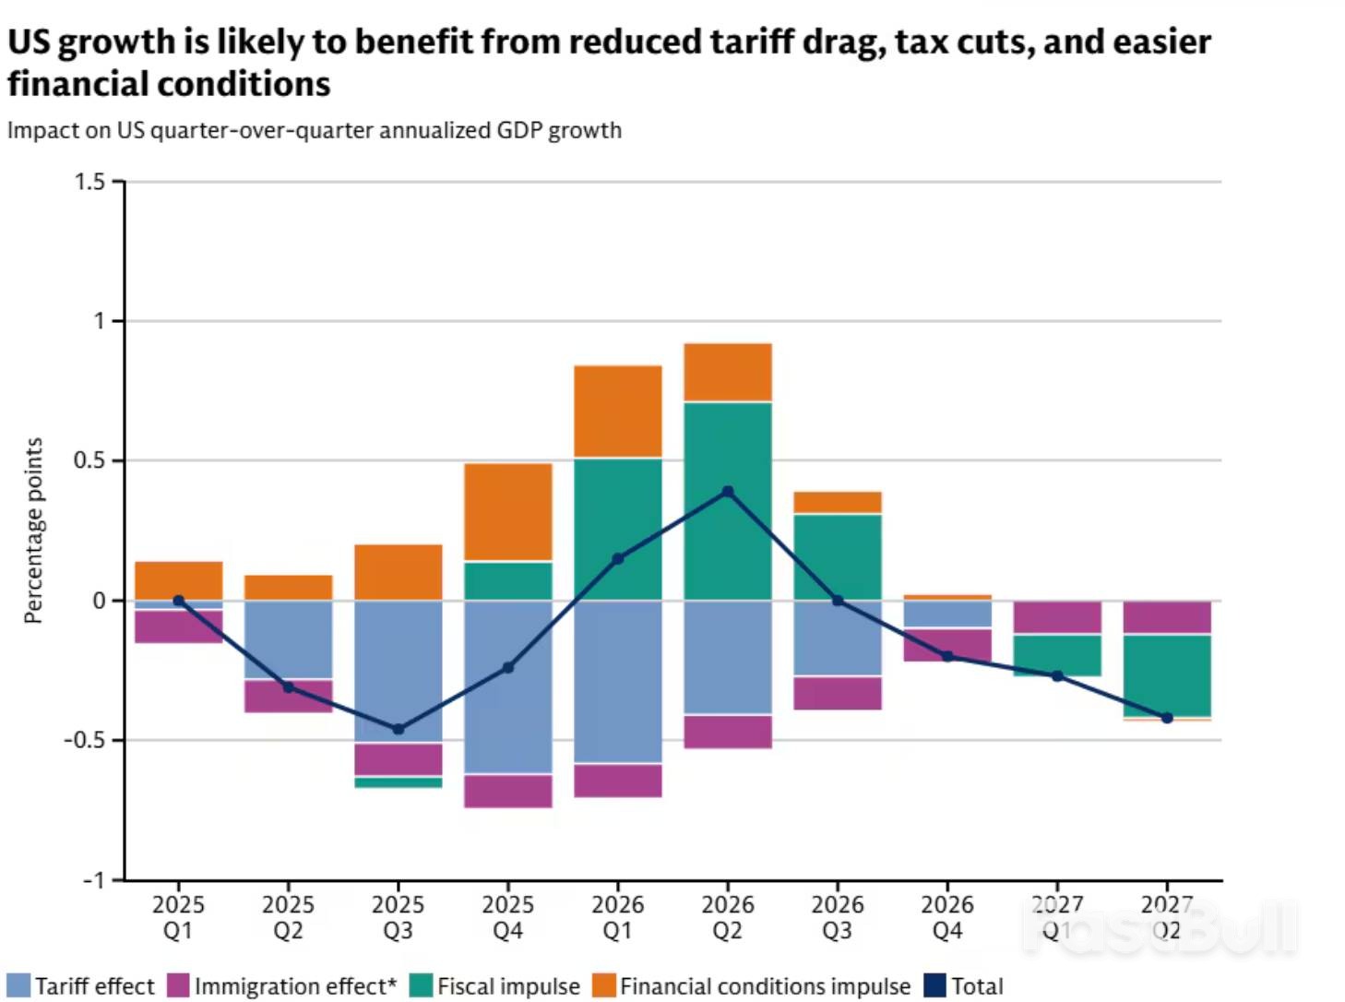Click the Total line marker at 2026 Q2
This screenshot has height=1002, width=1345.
coord(728,492)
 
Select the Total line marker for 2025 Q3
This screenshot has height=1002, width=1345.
coord(399,729)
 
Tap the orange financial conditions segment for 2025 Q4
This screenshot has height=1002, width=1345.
coord(508,512)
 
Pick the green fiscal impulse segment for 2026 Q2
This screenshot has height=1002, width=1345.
coord(728,501)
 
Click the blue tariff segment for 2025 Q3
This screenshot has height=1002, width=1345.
coord(399,671)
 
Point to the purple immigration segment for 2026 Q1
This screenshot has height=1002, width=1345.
coord(618,781)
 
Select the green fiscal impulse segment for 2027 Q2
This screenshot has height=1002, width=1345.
coord(1167,675)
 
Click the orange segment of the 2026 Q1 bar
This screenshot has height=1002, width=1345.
coord(618,412)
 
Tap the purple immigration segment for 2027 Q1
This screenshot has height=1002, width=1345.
coord(1057,617)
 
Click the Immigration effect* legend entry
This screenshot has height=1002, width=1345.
coord(282,986)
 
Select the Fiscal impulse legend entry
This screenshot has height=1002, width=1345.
coord(495,986)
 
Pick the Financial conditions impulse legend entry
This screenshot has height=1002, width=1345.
coord(751,986)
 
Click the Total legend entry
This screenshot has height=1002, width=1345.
coord(964,986)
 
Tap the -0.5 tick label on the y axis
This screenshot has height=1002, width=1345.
coord(84,740)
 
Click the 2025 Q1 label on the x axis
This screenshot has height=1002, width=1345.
coord(178,917)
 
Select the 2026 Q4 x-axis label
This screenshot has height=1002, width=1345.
coord(947,917)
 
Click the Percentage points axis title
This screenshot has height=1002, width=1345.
coord(34,531)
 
